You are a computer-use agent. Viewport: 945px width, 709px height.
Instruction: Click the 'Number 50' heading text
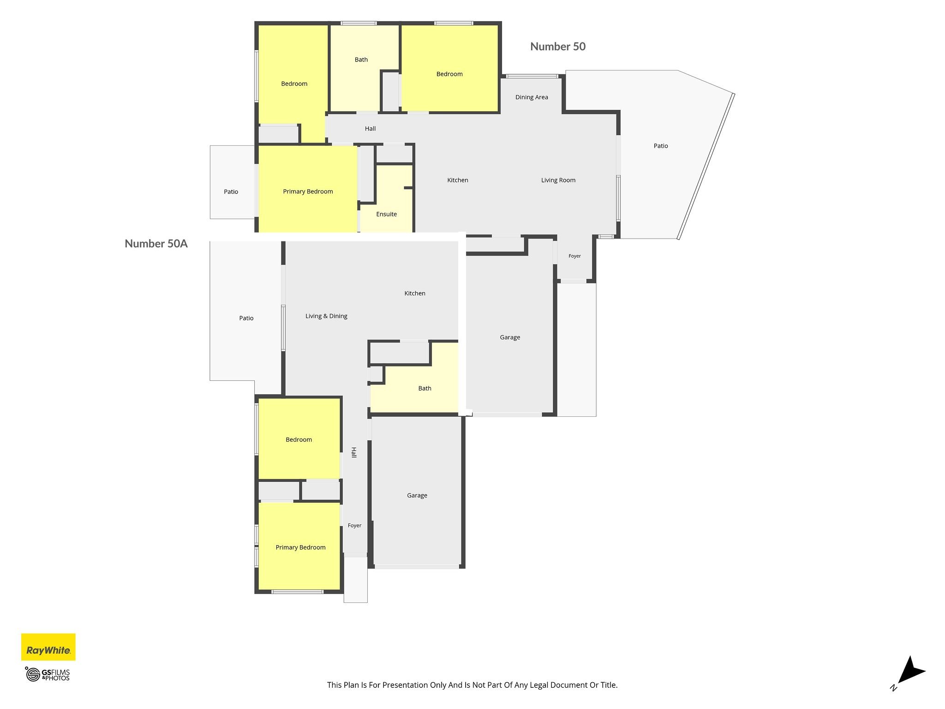pos(558,47)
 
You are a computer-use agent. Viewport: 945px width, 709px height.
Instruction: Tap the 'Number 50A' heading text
pos(156,244)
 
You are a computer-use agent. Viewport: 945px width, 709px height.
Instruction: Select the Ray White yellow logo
pos(48,647)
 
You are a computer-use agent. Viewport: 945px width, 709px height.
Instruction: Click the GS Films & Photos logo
pos(48,674)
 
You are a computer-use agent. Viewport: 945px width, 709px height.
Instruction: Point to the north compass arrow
pos(909,673)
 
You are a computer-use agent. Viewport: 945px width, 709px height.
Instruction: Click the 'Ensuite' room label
pos(387,214)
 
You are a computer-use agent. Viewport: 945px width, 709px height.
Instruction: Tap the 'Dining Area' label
pos(532,97)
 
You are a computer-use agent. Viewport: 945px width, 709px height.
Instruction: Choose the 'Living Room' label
pos(558,180)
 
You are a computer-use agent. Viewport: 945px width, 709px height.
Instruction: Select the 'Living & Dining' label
pos(326,316)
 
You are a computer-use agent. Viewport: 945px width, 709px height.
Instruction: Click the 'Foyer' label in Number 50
pos(574,256)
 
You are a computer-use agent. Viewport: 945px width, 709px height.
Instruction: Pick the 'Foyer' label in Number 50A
pos(354,526)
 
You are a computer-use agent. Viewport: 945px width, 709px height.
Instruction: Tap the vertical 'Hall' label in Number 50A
pos(354,452)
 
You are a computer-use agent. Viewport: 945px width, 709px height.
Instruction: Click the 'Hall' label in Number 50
pos(370,129)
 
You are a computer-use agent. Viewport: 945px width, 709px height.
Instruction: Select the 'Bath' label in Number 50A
pos(425,389)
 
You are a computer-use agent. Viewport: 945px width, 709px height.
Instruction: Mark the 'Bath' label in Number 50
pos(361,60)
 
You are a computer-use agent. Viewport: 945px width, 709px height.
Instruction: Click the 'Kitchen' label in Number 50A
pos(415,294)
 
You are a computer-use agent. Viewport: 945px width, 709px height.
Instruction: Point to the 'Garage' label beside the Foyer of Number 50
pos(510,337)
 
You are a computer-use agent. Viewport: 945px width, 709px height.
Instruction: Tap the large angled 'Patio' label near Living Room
pos(661,146)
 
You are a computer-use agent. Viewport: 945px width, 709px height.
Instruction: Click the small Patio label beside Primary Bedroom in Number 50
pos(231,192)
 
